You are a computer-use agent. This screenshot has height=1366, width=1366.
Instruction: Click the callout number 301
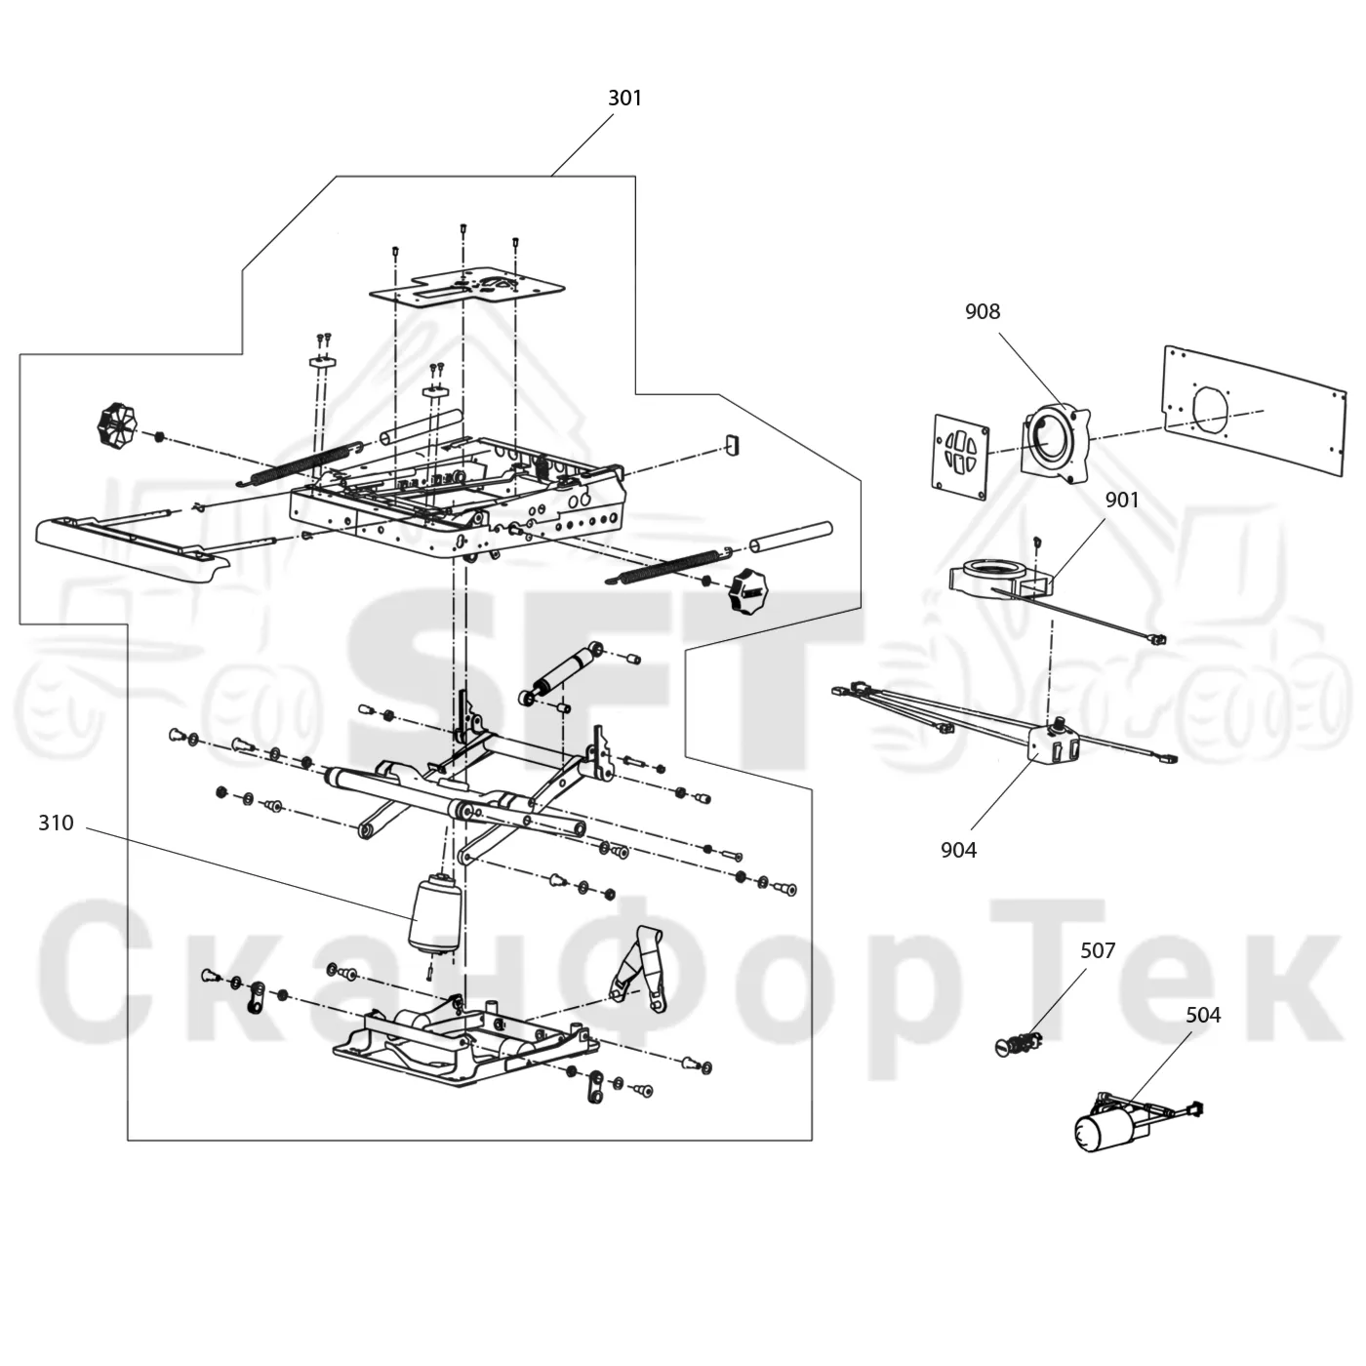pyautogui.click(x=624, y=99)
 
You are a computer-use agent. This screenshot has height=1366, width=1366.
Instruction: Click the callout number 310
pyautogui.click(x=56, y=823)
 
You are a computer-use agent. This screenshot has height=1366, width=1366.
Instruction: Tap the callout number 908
pyautogui.click(x=983, y=311)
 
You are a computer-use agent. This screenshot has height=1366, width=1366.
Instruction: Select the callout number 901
pyautogui.click(x=1122, y=501)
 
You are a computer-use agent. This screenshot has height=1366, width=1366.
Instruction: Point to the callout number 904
pyautogui.click(x=958, y=850)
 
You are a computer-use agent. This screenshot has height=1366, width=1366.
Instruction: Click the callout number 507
pyautogui.click(x=1098, y=950)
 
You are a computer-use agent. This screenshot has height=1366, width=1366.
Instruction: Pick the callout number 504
pyautogui.click(x=1204, y=1015)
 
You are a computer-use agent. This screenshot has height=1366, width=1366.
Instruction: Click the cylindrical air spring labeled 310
pyautogui.click(x=434, y=915)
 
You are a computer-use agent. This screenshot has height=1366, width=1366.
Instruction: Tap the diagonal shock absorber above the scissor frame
pyautogui.click(x=562, y=673)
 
